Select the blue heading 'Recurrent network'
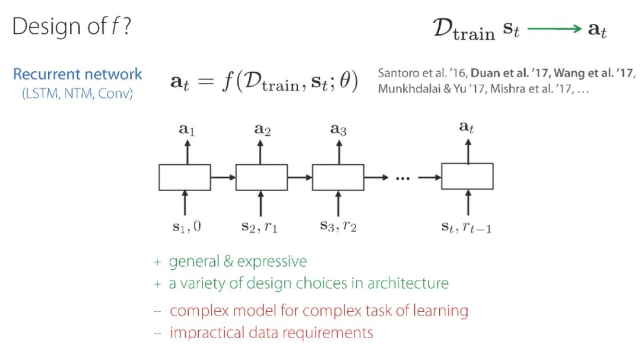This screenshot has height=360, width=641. tap(78, 74)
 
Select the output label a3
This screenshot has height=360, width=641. tap(338, 130)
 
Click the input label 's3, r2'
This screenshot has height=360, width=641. tap(337, 226)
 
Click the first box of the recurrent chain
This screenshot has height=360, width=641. tap(185, 177)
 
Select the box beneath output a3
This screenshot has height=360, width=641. tap(338, 177)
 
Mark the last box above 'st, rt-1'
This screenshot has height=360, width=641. tap(467, 176)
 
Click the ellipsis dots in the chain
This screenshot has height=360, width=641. tap(403, 177)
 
